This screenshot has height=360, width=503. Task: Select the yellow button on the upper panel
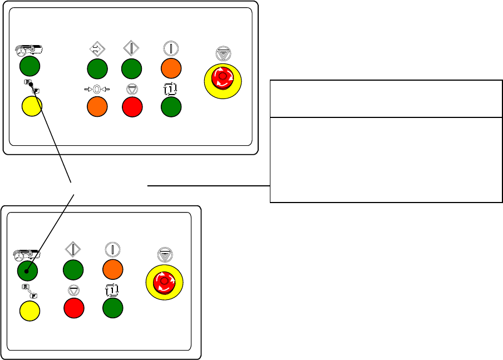pos(31,106)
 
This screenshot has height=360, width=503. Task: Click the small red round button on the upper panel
pos(132,107)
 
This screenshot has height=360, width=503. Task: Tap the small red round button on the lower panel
pos(74,308)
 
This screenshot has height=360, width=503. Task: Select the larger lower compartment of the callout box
pos(386,159)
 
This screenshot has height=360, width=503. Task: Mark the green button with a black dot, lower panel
pos(28,271)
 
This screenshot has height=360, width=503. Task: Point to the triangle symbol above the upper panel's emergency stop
pos(223,54)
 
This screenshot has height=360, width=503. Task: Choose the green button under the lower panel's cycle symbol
pos(113,308)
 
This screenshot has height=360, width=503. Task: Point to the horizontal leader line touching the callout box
pos(209,186)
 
